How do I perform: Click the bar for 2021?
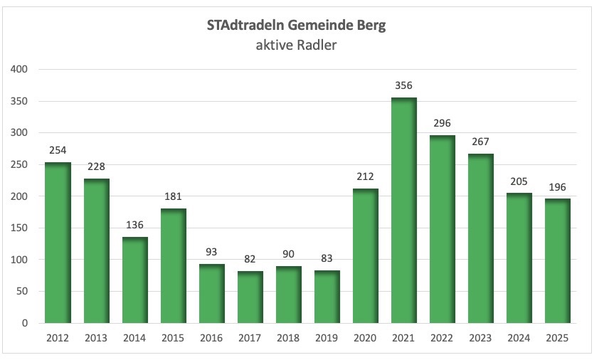pyautogui.click(x=404, y=211)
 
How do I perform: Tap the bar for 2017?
pyautogui.click(x=250, y=297)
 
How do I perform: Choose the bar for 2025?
pyautogui.click(x=558, y=261)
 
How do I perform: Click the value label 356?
pyautogui.click(x=404, y=86)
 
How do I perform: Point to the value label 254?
pyautogui.click(x=58, y=151)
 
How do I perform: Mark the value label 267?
pyautogui.click(x=481, y=142)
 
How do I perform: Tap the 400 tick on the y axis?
pyautogui.click(x=19, y=70)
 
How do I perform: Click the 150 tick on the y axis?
pyautogui.click(x=19, y=228)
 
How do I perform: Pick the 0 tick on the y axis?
pyautogui.click(x=25, y=324)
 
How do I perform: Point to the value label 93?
pyautogui.click(x=211, y=253)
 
